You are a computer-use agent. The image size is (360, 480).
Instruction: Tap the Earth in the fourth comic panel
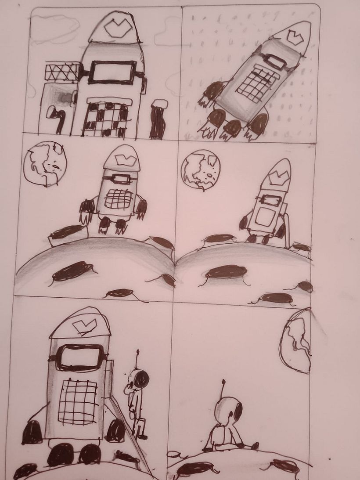click(200, 170)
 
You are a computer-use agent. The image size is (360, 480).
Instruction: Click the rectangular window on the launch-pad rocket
click(113, 72)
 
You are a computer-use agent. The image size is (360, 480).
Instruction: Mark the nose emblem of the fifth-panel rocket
click(82, 325)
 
